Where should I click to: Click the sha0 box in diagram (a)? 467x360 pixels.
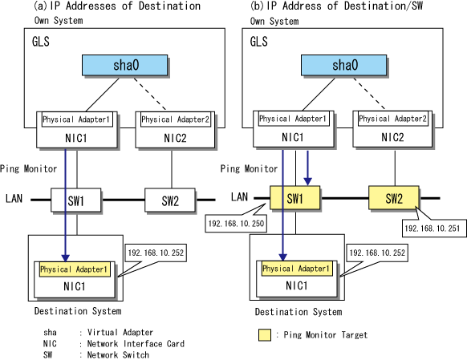(125, 65)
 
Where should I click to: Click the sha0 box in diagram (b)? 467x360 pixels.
(343, 65)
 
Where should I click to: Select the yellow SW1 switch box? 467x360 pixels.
(294, 198)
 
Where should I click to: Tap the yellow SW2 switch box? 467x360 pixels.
(394, 198)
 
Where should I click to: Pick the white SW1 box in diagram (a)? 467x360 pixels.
(75, 200)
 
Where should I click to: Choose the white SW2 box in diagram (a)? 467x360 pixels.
(170, 200)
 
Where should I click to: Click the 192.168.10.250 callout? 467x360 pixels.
(236, 223)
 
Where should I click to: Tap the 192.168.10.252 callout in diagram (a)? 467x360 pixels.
(156, 253)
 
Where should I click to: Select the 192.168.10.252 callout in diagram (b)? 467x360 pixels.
(377, 253)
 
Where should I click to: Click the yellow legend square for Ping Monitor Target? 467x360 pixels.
(265, 334)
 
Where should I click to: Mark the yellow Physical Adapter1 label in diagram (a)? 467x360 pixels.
(75, 269)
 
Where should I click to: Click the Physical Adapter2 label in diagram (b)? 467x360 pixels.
(393, 119)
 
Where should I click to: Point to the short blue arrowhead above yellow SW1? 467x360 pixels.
(307, 181)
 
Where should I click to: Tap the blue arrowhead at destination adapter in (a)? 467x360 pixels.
(66, 257)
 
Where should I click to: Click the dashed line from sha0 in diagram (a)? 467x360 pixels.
(149, 94)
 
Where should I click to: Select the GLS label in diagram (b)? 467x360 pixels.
(259, 42)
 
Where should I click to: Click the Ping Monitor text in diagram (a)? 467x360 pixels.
(28, 169)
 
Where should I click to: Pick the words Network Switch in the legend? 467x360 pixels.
(118, 354)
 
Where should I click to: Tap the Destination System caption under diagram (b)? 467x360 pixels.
(298, 312)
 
